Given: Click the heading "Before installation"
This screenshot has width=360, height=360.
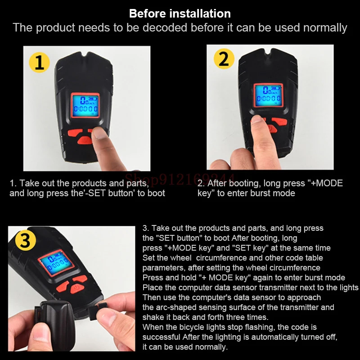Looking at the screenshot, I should point(180,13).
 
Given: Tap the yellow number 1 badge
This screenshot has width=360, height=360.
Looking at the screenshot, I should point(40,62).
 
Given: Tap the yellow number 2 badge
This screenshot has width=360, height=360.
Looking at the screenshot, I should point(224,58).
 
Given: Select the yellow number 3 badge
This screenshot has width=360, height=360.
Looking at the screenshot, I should point(25,240).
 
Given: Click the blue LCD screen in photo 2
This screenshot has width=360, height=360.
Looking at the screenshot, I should point(268,95).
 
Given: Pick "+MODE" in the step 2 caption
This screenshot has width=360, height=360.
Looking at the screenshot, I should point(326,183).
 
